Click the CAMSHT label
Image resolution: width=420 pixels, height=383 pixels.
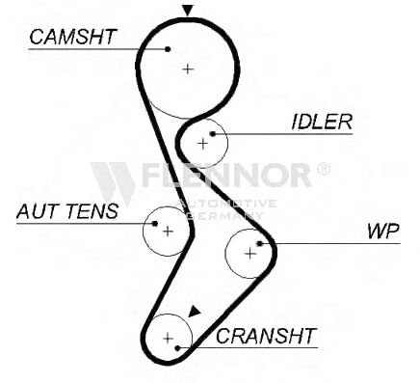pyautogui.click(x=72, y=37)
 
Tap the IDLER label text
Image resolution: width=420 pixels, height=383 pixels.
pyautogui.click(x=322, y=122)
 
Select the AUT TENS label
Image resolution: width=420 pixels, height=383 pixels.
pyautogui.click(x=67, y=211)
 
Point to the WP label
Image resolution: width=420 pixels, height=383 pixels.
pyautogui.click(x=383, y=231)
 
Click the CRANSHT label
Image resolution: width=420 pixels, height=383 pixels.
pyautogui.click(x=266, y=336)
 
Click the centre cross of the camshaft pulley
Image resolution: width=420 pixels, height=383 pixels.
pyautogui.click(x=188, y=68)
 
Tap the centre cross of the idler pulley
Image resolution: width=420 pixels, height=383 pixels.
pyautogui.click(x=202, y=143)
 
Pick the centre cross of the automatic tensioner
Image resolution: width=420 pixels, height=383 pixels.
pyautogui.click(x=168, y=231)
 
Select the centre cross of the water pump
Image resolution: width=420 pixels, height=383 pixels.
pyautogui.click(x=250, y=254)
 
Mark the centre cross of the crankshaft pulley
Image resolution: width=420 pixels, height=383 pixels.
pyautogui.click(x=168, y=338)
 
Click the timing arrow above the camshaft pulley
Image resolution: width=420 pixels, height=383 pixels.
pyautogui.click(x=188, y=11)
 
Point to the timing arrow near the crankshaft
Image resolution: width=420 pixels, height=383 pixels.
pyautogui.click(x=194, y=312)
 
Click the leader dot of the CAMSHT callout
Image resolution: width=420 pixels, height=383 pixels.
pyautogui.click(x=168, y=49)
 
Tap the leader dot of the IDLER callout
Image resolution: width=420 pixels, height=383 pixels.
pyautogui.click(x=212, y=134)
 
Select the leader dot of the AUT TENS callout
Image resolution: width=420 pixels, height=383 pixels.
pyautogui.click(x=155, y=223)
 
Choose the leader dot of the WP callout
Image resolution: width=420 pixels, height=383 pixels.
pyautogui.click(x=260, y=243)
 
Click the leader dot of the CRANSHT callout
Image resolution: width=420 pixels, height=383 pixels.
pyautogui.click(x=177, y=347)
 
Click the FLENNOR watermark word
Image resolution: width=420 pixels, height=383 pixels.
pyautogui.click(x=226, y=176)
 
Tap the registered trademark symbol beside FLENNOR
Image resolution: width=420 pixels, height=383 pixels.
pyautogui.click(x=324, y=169)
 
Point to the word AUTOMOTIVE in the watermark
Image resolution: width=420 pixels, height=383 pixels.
pyautogui.click(x=226, y=204)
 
